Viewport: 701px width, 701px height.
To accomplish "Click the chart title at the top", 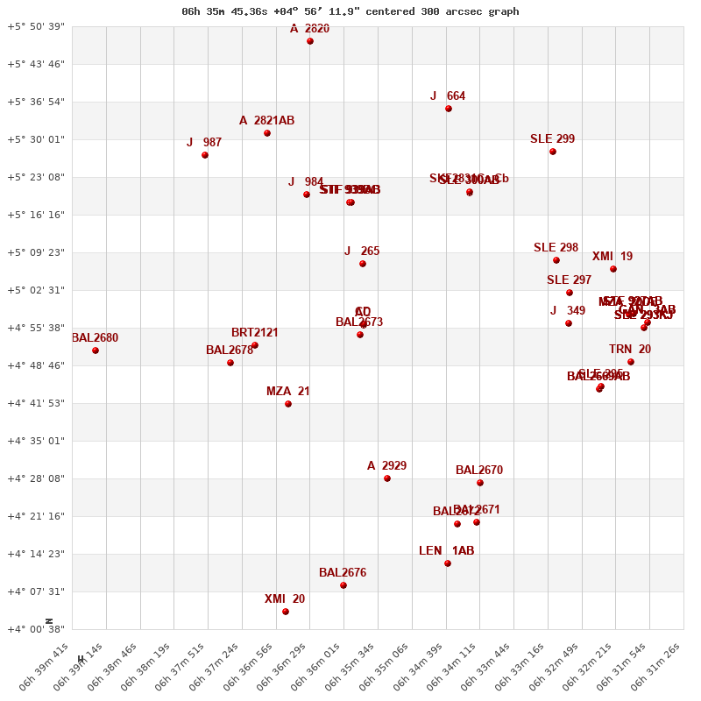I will (350, 11).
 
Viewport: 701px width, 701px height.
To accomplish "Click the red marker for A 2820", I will (310, 41).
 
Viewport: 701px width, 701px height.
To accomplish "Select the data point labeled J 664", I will (449, 109).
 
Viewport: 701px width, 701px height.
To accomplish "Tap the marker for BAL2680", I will (96, 350).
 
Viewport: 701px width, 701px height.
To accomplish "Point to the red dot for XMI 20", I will (286, 612).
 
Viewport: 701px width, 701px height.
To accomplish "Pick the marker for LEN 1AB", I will (448, 563).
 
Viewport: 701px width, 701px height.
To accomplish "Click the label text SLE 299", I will (552, 138).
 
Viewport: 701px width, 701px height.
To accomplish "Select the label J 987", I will (204, 142).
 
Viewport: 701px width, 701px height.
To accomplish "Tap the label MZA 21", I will (287, 391).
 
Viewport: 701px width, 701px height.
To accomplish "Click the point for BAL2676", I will (343, 585).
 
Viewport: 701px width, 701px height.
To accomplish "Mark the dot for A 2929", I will (387, 478).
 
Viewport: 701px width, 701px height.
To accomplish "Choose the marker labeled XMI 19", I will (613, 269).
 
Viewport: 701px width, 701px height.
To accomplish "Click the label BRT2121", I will (255, 332).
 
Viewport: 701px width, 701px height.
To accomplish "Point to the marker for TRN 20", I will (631, 362).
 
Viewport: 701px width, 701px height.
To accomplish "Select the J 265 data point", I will (363, 264).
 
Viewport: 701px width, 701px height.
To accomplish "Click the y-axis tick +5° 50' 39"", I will (36, 26).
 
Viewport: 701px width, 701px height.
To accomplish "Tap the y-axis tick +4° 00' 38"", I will (36, 629).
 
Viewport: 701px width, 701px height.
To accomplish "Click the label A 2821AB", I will (266, 120).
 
